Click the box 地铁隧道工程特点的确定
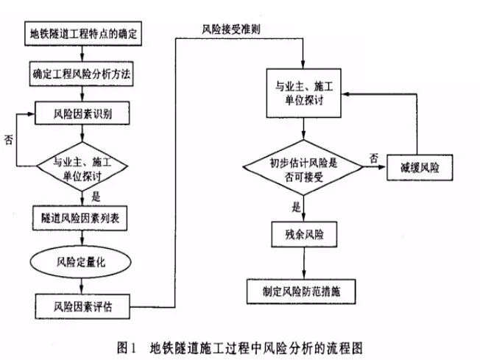83,35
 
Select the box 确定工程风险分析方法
83,74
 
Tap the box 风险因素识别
83,113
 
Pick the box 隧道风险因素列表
83,218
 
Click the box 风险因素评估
83,303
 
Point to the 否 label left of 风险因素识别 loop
9,138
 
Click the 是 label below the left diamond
95,197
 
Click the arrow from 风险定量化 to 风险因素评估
83,283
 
